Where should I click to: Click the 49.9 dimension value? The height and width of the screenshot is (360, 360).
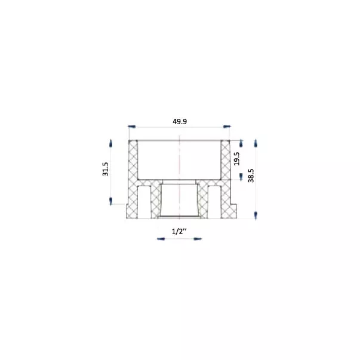coord(180,121)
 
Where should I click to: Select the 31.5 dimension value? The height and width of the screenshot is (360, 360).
coord(106,169)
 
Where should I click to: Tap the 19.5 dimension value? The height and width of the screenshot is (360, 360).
coord(236,159)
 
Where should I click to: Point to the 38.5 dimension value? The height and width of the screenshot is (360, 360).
coord(251,176)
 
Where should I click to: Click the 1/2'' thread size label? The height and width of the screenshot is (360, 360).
coord(179,231)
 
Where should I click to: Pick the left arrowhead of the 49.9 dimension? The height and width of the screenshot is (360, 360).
coord(132,127)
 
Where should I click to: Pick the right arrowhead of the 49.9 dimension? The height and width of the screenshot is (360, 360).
coord(227,127)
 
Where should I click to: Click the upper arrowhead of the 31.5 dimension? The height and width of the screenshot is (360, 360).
coord(111,143)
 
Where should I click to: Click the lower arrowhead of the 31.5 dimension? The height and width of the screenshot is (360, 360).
coord(111,201)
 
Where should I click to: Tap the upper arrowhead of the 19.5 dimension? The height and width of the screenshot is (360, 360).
coord(241,143)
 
